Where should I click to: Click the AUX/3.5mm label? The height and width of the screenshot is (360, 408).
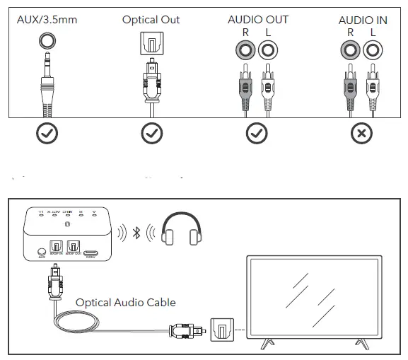tap(47, 18)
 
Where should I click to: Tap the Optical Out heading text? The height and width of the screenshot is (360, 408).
tap(151, 19)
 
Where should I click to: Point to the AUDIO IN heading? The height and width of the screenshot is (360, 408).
tap(362, 20)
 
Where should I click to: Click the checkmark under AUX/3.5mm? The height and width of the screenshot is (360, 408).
tap(47, 133)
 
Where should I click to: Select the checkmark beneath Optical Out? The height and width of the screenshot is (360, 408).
tap(151, 133)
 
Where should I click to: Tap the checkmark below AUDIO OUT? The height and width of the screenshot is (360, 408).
tap(256, 133)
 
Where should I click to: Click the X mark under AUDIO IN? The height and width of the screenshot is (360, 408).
tap(362, 133)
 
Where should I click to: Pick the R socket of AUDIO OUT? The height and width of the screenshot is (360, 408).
tap(246, 50)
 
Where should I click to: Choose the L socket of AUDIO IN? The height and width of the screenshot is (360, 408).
tap(371, 50)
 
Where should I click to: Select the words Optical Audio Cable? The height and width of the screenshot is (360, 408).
tap(125, 302)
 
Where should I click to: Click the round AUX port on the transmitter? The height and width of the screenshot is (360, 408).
tap(41, 250)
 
